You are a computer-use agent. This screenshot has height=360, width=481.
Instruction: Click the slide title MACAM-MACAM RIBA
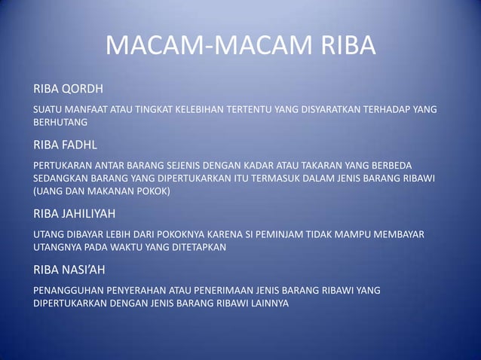tap(240, 47)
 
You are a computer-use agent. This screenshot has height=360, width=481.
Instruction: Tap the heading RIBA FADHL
tap(66, 143)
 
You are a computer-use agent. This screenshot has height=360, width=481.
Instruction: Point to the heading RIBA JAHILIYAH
tap(74, 214)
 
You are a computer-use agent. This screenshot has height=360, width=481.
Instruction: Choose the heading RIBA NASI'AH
tap(69, 269)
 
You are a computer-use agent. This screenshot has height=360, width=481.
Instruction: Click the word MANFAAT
tap(88, 108)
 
